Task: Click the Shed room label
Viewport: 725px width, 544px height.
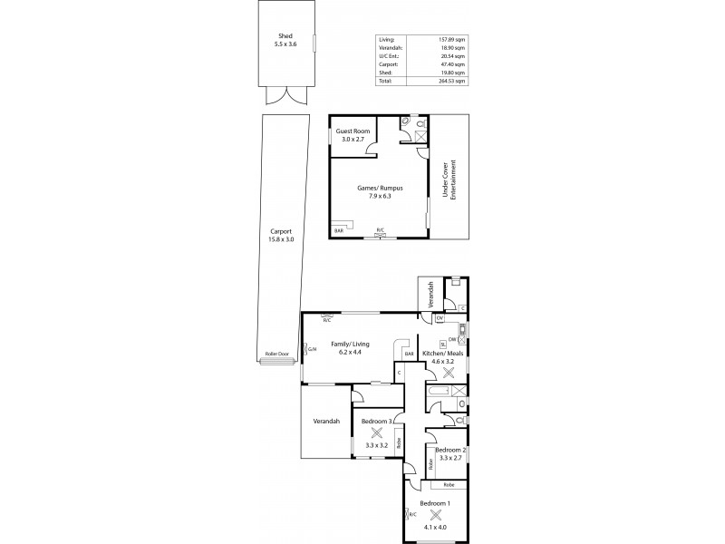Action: [285, 37]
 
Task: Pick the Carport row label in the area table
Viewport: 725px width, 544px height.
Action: [386, 64]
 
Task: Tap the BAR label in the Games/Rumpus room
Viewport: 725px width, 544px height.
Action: [338, 231]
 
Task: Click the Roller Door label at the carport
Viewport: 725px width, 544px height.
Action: [275, 354]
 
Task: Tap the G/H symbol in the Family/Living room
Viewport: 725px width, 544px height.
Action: [312, 349]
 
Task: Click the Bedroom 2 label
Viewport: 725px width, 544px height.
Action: [449, 450]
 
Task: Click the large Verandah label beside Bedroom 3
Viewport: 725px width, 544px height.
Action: [326, 421]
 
